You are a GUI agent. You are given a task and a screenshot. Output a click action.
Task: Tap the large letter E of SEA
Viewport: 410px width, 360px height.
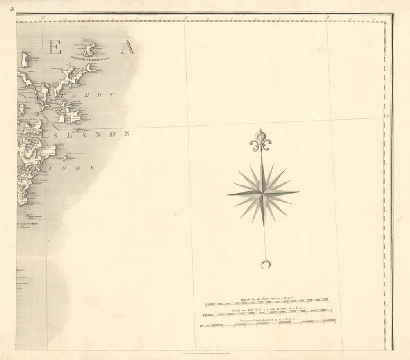(x=54, y=47)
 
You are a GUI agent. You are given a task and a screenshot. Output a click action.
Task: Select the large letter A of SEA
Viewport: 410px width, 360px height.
(x=127, y=47)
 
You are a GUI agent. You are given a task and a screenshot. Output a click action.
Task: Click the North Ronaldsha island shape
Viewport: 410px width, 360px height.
(x=89, y=49)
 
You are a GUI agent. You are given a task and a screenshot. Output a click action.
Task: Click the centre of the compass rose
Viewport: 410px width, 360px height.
(x=263, y=193)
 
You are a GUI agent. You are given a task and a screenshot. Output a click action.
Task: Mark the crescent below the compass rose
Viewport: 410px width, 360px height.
(x=266, y=264)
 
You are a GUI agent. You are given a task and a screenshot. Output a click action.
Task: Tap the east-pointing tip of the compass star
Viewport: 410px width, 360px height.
(x=298, y=192)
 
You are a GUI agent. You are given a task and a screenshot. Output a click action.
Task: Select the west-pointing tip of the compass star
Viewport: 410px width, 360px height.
(x=227, y=195)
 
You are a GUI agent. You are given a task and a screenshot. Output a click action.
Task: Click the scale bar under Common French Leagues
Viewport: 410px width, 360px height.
(x=267, y=326)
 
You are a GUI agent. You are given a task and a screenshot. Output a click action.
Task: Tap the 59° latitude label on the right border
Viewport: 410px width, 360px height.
(x=388, y=116)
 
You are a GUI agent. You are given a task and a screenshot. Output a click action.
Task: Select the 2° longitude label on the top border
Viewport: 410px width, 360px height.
(x=186, y=18)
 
